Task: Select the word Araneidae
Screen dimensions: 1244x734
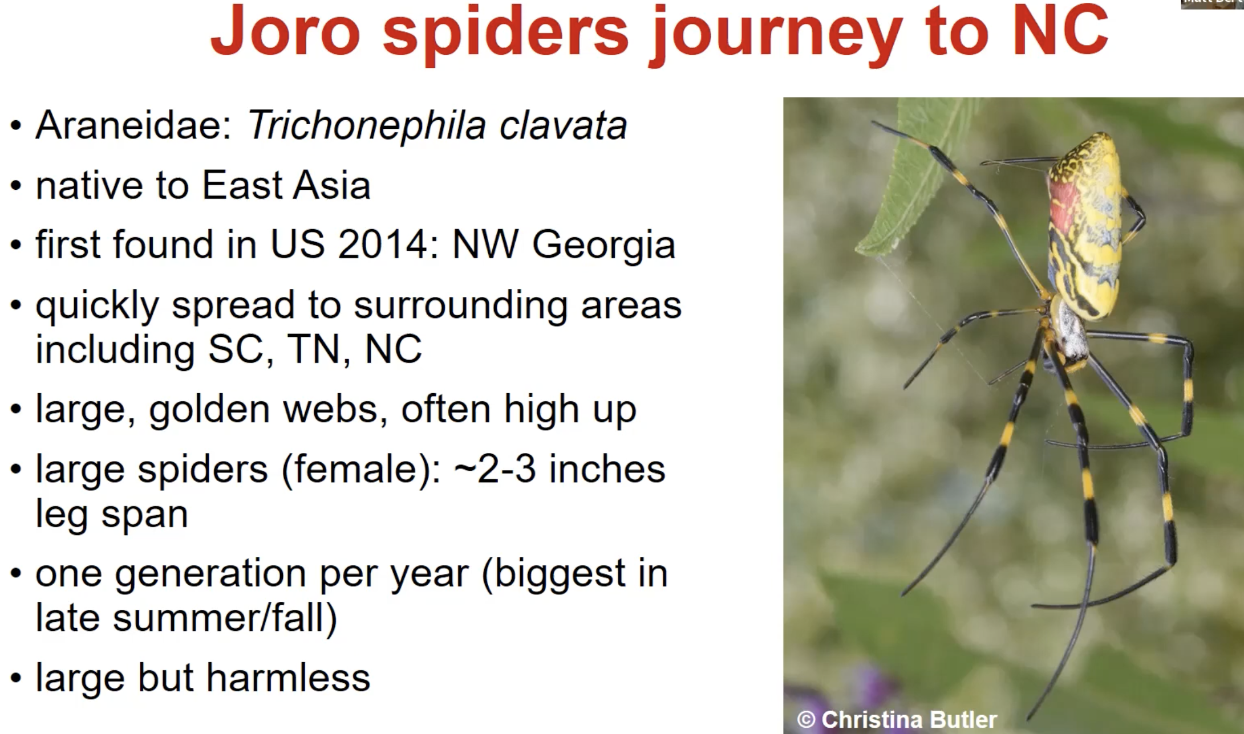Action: [x=133, y=125]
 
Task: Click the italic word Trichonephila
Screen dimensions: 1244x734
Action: [x=366, y=125]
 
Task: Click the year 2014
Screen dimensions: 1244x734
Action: [x=383, y=244]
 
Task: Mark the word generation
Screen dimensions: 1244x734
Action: [x=210, y=574]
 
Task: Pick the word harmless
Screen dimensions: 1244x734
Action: [x=288, y=678]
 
